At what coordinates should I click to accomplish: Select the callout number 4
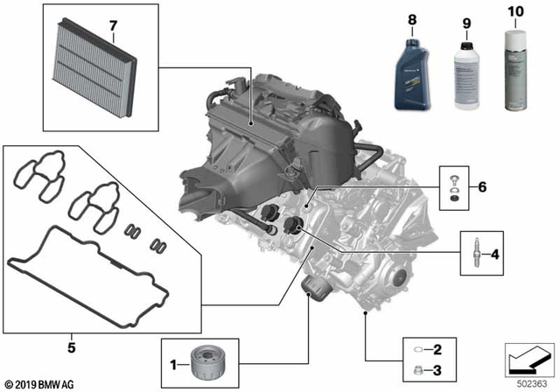[x=495, y=255]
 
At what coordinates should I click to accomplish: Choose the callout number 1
[x=173, y=361]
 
